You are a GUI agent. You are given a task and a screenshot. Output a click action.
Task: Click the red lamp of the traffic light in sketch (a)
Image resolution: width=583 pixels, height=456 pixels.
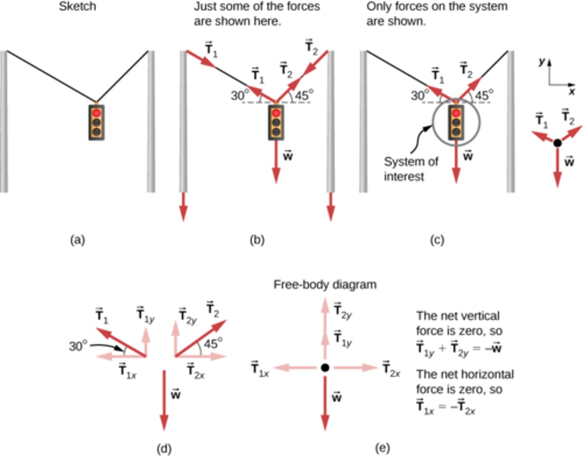point(96,113)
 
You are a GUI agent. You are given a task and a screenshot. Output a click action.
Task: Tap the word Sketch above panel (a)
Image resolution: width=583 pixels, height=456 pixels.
point(77,6)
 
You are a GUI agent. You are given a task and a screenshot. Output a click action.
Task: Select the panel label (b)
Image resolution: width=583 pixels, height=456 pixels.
point(257,240)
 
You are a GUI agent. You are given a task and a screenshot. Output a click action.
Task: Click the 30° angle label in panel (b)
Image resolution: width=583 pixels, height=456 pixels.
point(240,95)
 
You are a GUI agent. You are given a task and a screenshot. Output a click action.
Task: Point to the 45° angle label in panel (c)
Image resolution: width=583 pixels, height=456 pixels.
point(484,95)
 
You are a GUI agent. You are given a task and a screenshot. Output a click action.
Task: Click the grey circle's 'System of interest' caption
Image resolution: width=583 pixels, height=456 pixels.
point(411,169)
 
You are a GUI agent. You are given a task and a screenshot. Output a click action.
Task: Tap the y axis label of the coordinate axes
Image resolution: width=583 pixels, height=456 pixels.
point(542,61)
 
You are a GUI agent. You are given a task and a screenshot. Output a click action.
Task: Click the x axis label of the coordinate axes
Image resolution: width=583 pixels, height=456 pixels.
point(572,92)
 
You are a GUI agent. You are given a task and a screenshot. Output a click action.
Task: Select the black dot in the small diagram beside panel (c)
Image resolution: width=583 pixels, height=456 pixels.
point(557,143)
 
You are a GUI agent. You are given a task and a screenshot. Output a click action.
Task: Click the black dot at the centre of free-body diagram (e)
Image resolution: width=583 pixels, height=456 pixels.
point(325,367)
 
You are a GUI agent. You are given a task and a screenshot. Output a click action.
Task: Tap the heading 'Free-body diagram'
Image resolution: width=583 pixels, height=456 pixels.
point(325,285)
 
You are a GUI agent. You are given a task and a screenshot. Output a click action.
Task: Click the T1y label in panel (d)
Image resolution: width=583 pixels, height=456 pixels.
point(145,315)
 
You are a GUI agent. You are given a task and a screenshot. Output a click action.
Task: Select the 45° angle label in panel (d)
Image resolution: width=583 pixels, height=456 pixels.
point(213,344)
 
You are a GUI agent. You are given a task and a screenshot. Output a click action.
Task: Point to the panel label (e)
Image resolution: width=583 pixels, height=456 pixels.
point(383,448)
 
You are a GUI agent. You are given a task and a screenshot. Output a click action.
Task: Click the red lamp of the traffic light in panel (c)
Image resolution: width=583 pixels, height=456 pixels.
point(456,113)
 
